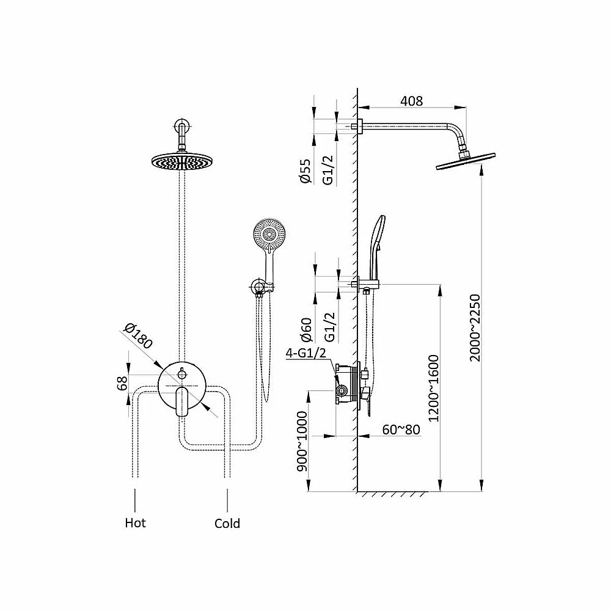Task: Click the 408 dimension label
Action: click(411, 101)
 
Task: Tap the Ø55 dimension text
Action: click(305, 170)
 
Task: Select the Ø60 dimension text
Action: click(306, 330)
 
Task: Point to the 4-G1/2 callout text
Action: click(306, 353)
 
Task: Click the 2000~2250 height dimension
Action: click(475, 328)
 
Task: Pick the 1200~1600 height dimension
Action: click(433, 388)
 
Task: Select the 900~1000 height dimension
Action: click(302, 441)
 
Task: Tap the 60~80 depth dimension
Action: click(401, 430)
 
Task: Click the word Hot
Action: click(135, 522)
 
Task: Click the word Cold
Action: click(227, 524)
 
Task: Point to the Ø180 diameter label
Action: click(138, 336)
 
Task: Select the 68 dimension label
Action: click(122, 384)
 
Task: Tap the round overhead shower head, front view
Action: click(182, 162)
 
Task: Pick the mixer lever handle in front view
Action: click(182, 401)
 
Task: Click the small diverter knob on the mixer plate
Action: click(182, 373)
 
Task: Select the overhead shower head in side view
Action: click(465, 162)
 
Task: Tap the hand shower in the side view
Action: click(376, 247)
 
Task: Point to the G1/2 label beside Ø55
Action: click(329, 170)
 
